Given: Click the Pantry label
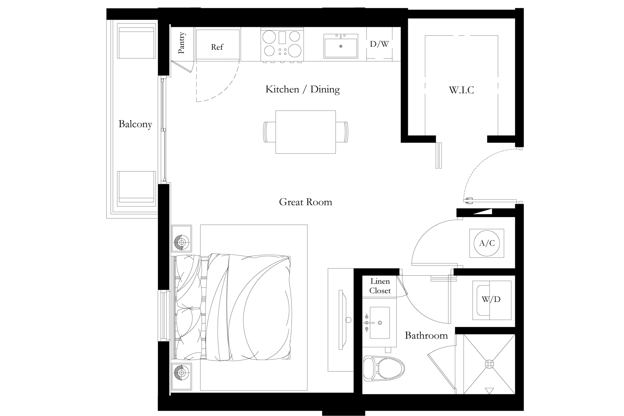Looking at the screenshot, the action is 181,43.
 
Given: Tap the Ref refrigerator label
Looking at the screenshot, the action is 217,47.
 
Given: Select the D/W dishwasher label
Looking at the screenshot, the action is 379,44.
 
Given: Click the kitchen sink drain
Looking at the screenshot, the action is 341,46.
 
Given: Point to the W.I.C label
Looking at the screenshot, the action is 461,90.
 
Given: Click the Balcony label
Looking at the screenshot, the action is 135,124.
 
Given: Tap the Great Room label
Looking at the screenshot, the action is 305,202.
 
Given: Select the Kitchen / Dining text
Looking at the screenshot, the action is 303,89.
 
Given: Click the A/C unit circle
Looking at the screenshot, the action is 487,243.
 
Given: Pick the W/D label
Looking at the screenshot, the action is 491,299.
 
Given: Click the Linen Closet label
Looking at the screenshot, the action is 380,286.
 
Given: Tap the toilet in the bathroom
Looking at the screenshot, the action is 384,369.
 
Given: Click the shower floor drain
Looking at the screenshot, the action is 489,364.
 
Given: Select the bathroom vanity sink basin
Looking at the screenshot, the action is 380,323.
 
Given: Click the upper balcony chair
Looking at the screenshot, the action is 136,41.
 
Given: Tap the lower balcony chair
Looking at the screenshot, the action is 136,188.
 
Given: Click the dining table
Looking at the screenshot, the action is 305,132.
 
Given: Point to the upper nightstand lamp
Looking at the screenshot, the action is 182,242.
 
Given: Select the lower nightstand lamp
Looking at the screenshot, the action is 182,373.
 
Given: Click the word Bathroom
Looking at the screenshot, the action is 426,335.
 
